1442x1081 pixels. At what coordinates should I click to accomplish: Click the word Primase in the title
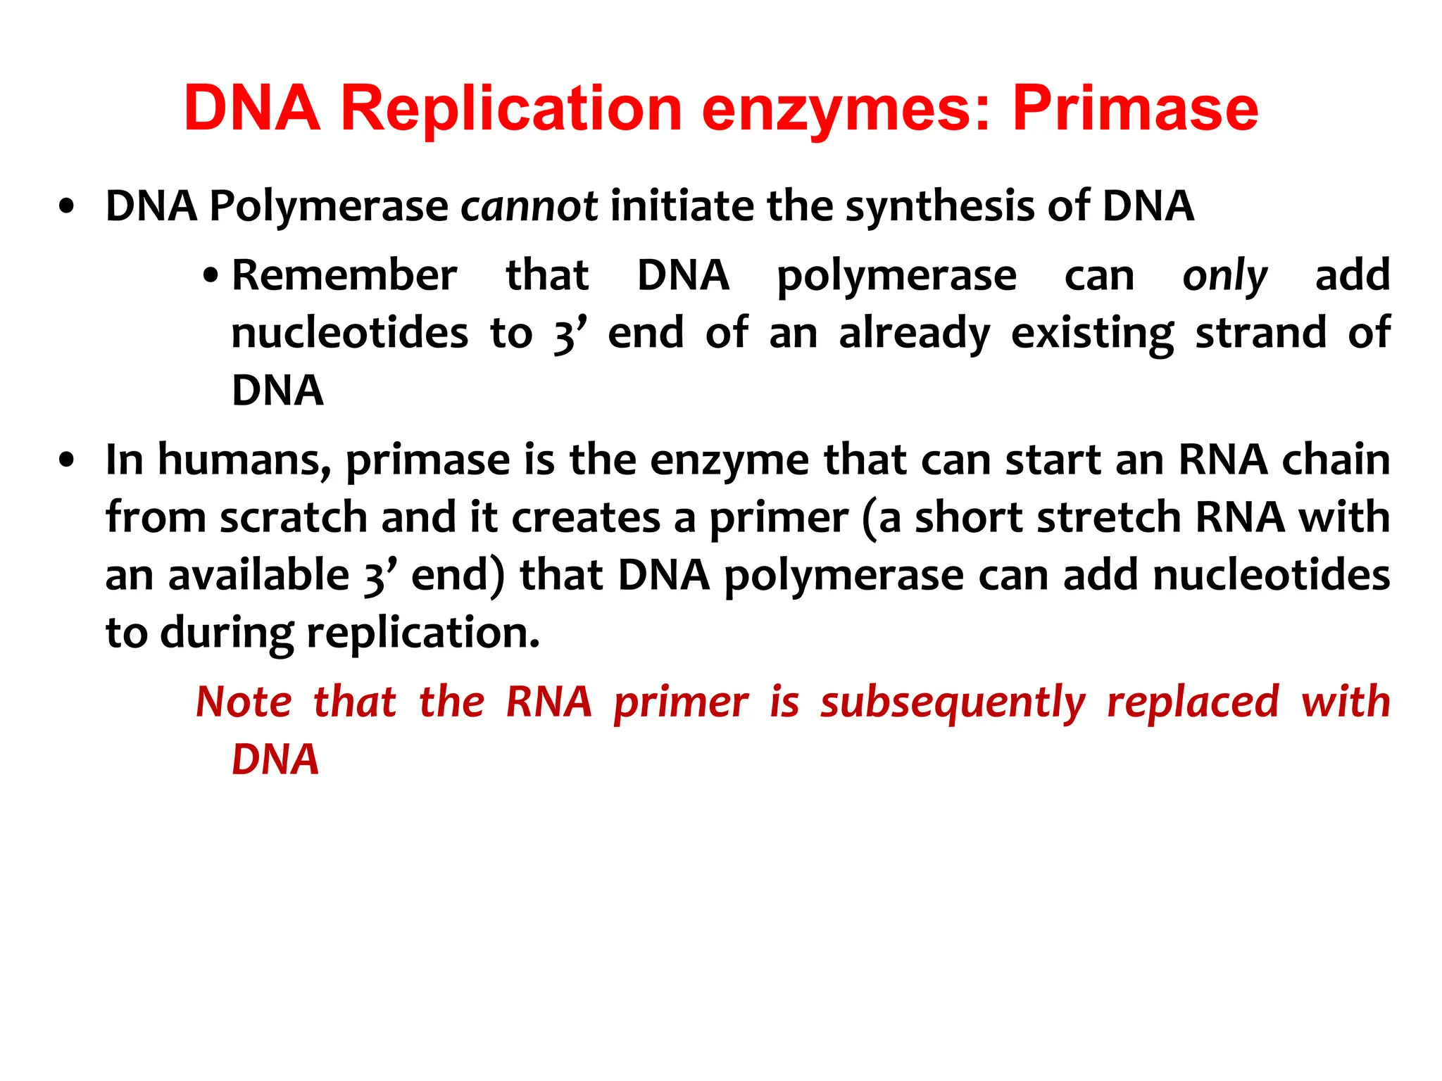point(1135,109)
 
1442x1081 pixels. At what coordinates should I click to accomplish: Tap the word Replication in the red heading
point(511,109)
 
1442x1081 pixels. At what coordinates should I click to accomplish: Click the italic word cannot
point(529,206)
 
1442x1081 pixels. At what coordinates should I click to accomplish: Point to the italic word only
point(1224,276)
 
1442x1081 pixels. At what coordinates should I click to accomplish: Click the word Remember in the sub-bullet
point(344,275)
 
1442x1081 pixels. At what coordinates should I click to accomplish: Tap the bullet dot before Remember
point(210,276)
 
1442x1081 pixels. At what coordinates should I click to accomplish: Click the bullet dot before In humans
point(67,461)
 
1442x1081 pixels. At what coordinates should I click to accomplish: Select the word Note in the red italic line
point(244,702)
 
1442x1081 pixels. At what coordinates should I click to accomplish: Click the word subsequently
point(953,703)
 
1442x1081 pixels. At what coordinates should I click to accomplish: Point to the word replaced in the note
point(1193,702)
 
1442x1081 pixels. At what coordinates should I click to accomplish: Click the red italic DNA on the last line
point(275,759)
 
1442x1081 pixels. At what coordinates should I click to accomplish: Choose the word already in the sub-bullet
point(914,334)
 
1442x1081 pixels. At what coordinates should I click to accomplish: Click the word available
point(258,576)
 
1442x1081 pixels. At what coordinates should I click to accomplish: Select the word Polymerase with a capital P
point(329,206)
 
